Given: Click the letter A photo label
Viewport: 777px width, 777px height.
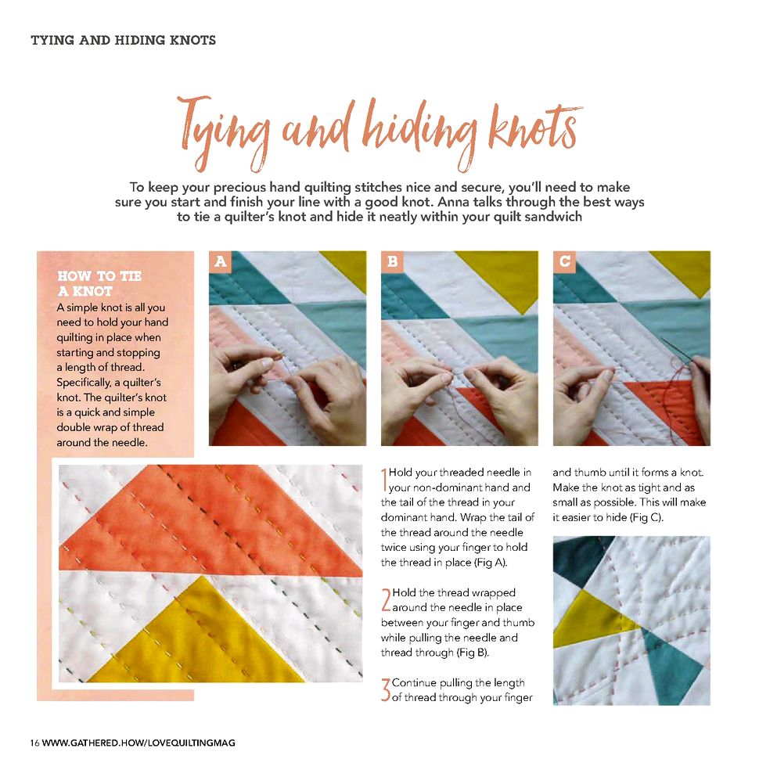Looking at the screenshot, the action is [220, 261].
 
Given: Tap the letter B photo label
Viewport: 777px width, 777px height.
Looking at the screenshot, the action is [393, 261].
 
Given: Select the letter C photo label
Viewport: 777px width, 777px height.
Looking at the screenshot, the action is [564, 261].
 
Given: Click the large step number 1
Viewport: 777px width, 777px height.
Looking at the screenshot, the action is [383, 480].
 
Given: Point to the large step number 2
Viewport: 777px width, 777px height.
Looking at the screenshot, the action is [386, 599].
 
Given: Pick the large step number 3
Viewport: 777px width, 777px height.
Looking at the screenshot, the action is [386, 690].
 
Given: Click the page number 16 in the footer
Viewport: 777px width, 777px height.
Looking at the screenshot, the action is [34, 743].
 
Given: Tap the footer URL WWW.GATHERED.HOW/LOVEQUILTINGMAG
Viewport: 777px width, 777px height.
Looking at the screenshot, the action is [138, 743].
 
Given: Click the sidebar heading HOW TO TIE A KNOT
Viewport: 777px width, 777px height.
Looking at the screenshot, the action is [99, 283].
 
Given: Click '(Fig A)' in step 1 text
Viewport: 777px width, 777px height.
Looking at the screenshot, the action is [491, 563].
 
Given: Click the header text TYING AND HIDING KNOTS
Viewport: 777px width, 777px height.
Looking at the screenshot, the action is [124, 40].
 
